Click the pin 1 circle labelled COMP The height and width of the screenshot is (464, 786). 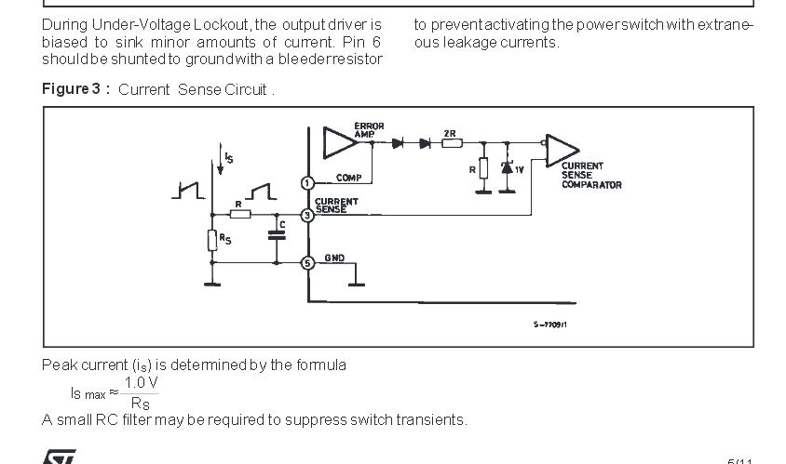(x=308, y=182)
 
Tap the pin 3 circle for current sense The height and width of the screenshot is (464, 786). (x=308, y=215)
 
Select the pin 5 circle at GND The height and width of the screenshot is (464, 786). (x=308, y=263)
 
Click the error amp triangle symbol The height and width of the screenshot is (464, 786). (x=336, y=143)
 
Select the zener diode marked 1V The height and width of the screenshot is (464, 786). (x=508, y=169)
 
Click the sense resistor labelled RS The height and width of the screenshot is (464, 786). (x=212, y=239)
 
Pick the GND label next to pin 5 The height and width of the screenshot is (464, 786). (x=334, y=258)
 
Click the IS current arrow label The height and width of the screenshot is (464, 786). (x=227, y=158)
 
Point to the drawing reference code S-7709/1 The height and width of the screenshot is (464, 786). (x=550, y=324)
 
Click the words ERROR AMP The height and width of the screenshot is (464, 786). (x=369, y=130)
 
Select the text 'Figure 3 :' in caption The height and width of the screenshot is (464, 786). (x=76, y=89)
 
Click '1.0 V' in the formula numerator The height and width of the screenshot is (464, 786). (x=142, y=382)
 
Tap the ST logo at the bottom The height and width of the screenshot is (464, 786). (x=58, y=457)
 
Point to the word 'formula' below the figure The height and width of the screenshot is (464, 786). (x=319, y=365)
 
